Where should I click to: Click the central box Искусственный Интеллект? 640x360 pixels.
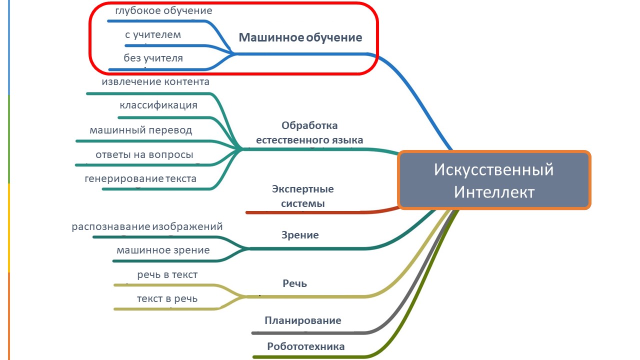tap(494, 180)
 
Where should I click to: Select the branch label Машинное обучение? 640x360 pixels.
tap(300, 37)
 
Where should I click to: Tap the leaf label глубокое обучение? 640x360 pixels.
tap(163, 10)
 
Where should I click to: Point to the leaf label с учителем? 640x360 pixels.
tap(153, 34)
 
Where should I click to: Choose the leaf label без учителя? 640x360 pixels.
tap(153, 58)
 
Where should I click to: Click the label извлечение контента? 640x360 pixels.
tap(155, 81)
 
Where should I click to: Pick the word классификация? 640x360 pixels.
tap(158, 105)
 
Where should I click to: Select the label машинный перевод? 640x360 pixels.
tap(141, 130)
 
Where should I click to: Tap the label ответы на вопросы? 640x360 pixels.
tap(144, 154)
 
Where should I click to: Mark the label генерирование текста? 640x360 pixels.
tap(140, 178)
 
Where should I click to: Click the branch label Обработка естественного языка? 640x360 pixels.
tap(309, 132)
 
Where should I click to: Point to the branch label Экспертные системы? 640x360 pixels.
tap(303, 196)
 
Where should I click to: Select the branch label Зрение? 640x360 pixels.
tap(300, 235)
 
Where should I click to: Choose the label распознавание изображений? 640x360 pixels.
tap(147, 226)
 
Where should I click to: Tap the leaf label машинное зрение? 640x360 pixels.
tap(163, 250)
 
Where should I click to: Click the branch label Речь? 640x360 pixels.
tap(295, 283)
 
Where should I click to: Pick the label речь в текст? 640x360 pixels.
tap(167, 274)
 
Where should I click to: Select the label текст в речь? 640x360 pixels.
tap(167, 298)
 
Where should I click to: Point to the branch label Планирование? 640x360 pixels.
tap(303, 320)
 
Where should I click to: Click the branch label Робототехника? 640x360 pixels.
tap(306, 346)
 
